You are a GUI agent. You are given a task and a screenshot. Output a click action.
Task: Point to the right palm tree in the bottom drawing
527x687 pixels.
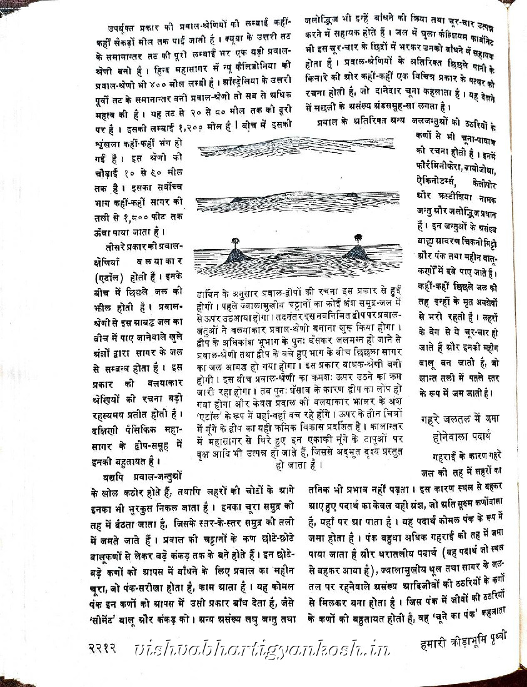pyautogui.click(x=358, y=237)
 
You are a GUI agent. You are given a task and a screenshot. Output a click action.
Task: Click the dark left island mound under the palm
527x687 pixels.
pyautogui.click(x=237, y=255)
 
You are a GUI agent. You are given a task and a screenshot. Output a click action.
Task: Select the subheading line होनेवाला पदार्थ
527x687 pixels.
pyautogui.click(x=458, y=433)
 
